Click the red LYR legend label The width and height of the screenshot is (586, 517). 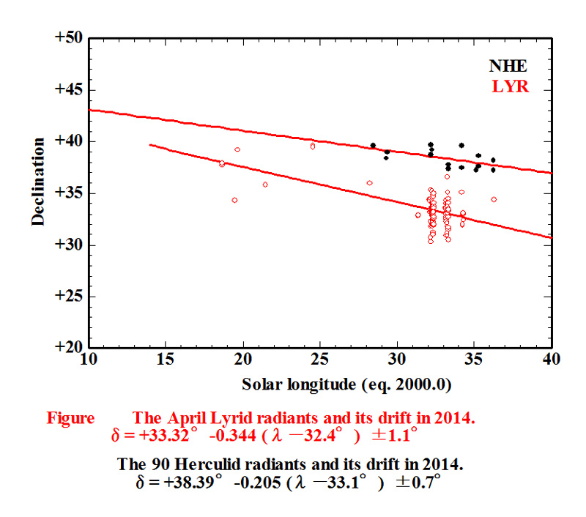pyautogui.click(x=511, y=86)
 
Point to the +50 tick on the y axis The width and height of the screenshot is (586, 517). pyautogui.click(x=68, y=37)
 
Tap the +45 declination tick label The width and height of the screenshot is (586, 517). pyautogui.click(x=68, y=89)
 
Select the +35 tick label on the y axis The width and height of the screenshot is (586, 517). pyautogui.click(x=68, y=193)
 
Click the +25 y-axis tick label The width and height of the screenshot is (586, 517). pyautogui.click(x=68, y=297)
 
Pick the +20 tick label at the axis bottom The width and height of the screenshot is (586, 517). pyautogui.click(x=68, y=349)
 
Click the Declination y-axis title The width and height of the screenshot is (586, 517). pyautogui.click(x=38, y=181)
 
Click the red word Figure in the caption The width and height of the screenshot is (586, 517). pyautogui.click(x=70, y=418)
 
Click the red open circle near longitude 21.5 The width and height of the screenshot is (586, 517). pyautogui.click(x=265, y=185)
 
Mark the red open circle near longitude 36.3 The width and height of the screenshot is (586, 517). pyautogui.click(x=494, y=199)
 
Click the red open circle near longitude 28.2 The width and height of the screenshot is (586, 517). pyautogui.click(x=369, y=183)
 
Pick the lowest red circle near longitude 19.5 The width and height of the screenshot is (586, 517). pyautogui.click(x=234, y=200)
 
